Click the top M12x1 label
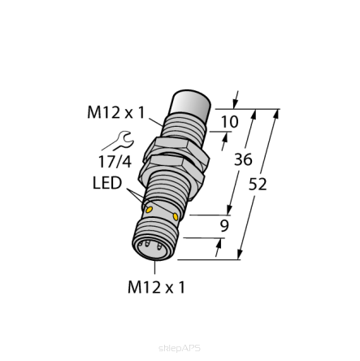tap(115, 111)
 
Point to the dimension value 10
tap(229, 121)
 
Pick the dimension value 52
tap(258, 184)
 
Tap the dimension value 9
tap(225, 226)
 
